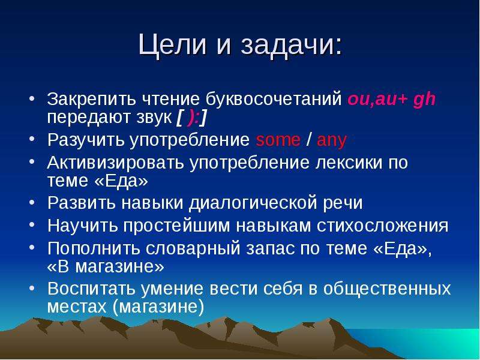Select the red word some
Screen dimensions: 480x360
click(278, 140)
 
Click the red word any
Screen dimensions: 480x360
click(332, 142)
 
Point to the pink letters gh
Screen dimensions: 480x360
click(424, 100)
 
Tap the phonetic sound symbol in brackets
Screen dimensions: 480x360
click(191, 118)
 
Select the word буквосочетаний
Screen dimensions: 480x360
click(274, 99)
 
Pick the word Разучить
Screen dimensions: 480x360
click(86, 140)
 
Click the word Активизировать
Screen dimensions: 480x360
click(116, 163)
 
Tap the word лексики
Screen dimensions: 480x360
click(349, 163)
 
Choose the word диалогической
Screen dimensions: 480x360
click(252, 203)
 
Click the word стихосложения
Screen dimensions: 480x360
click(383, 226)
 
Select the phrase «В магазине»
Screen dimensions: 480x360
click(106, 267)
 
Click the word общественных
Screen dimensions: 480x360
click(387, 289)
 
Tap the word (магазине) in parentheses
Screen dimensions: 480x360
click(158, 307)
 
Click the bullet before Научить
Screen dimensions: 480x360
click(32, 224)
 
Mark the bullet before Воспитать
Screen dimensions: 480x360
click(32, 288)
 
